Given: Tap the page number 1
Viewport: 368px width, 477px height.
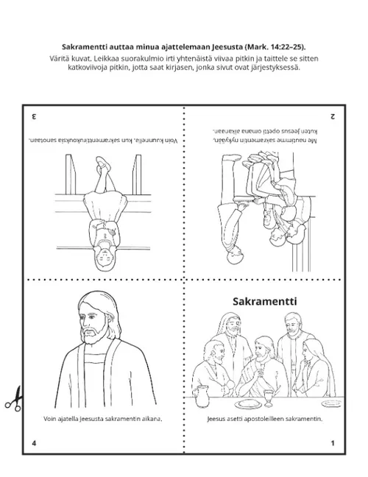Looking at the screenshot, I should pos(333,443).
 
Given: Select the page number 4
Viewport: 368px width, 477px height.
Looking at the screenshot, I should pos(34,443).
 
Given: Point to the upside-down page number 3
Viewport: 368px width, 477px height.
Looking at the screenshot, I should pos(34,117).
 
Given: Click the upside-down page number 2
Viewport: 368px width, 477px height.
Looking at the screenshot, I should pos(333,117).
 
